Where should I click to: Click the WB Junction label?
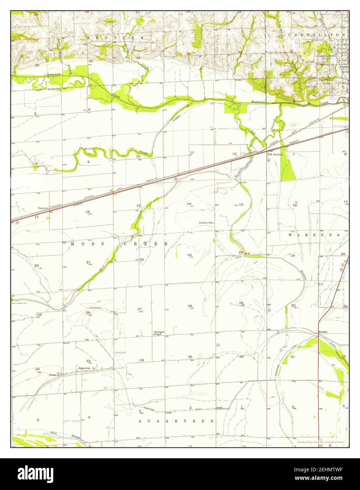pos(275,154)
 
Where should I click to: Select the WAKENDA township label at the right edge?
pos(314,235)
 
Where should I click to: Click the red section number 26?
pos(190,306)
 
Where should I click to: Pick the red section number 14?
pos(189,204)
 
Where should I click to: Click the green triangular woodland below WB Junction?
pos(287,169)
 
